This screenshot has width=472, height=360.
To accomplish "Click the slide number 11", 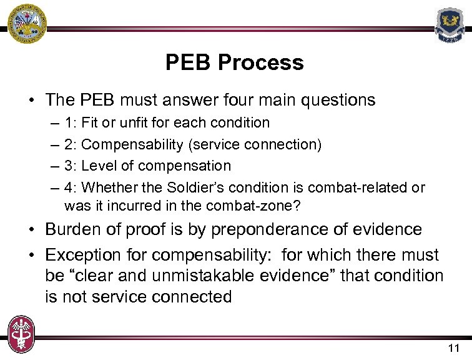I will pos(453,347).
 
